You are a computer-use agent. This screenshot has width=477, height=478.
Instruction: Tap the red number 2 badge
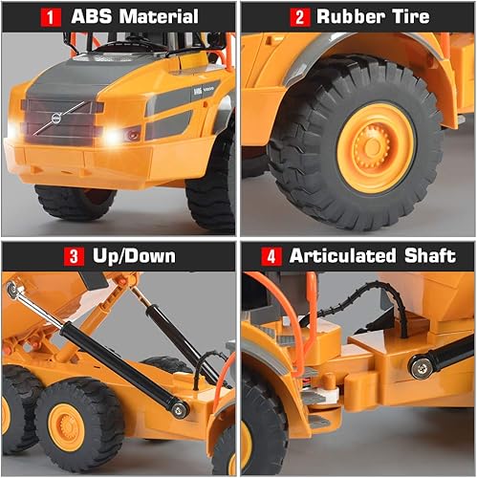click(298, 17)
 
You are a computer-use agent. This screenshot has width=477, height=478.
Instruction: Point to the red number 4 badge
click(271, 255)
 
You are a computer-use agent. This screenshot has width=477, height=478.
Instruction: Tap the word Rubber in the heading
click(353, 17)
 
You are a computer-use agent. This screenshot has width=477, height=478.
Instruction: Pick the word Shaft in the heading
click(438, 255)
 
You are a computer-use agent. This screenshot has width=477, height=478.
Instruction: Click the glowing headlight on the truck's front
click(113, 137)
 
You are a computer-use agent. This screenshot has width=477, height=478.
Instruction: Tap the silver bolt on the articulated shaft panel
click(418, 366)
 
